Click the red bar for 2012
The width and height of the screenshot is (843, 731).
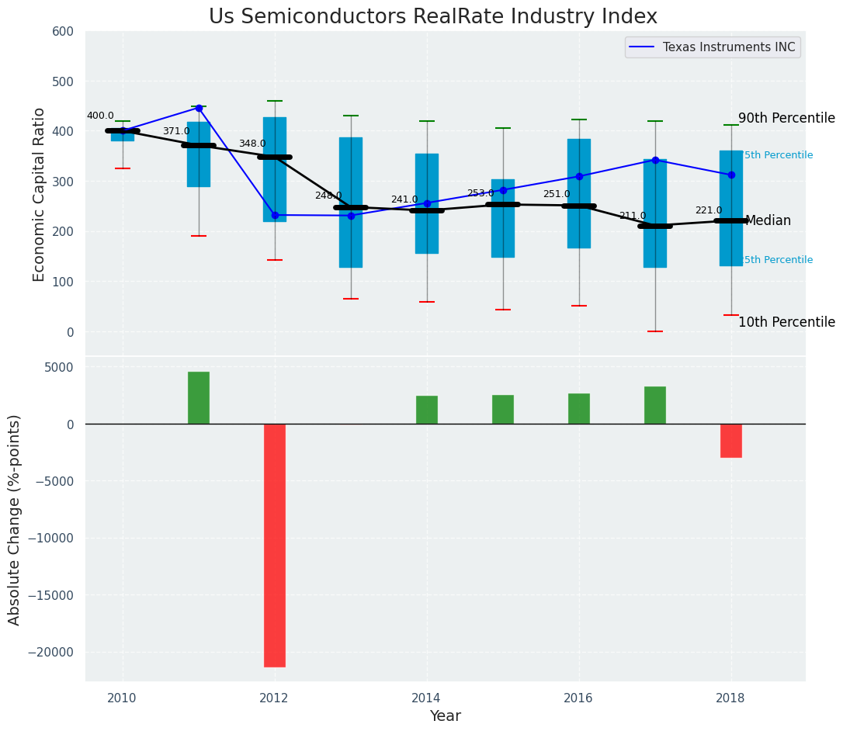(275, 545)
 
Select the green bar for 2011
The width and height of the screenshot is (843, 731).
(199, 397)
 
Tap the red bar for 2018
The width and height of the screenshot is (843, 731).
(731, 440)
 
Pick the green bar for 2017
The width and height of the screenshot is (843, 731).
(655, 405)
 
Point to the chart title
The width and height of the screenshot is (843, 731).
(433, 17)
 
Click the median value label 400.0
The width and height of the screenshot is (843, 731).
(100, 116)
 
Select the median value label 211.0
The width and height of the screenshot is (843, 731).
(633, 216)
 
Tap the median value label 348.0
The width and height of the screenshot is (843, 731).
(252, 144)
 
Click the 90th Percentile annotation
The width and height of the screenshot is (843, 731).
(786, 118)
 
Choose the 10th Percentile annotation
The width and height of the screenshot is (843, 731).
(786, 322)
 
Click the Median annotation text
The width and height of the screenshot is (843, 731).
(768, 221)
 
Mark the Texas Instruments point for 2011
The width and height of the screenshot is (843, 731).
(199, 108)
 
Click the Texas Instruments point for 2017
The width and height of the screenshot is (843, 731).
(655, 161)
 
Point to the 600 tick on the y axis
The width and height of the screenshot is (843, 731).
(63, 31)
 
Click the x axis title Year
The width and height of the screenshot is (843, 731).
(446, 715)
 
